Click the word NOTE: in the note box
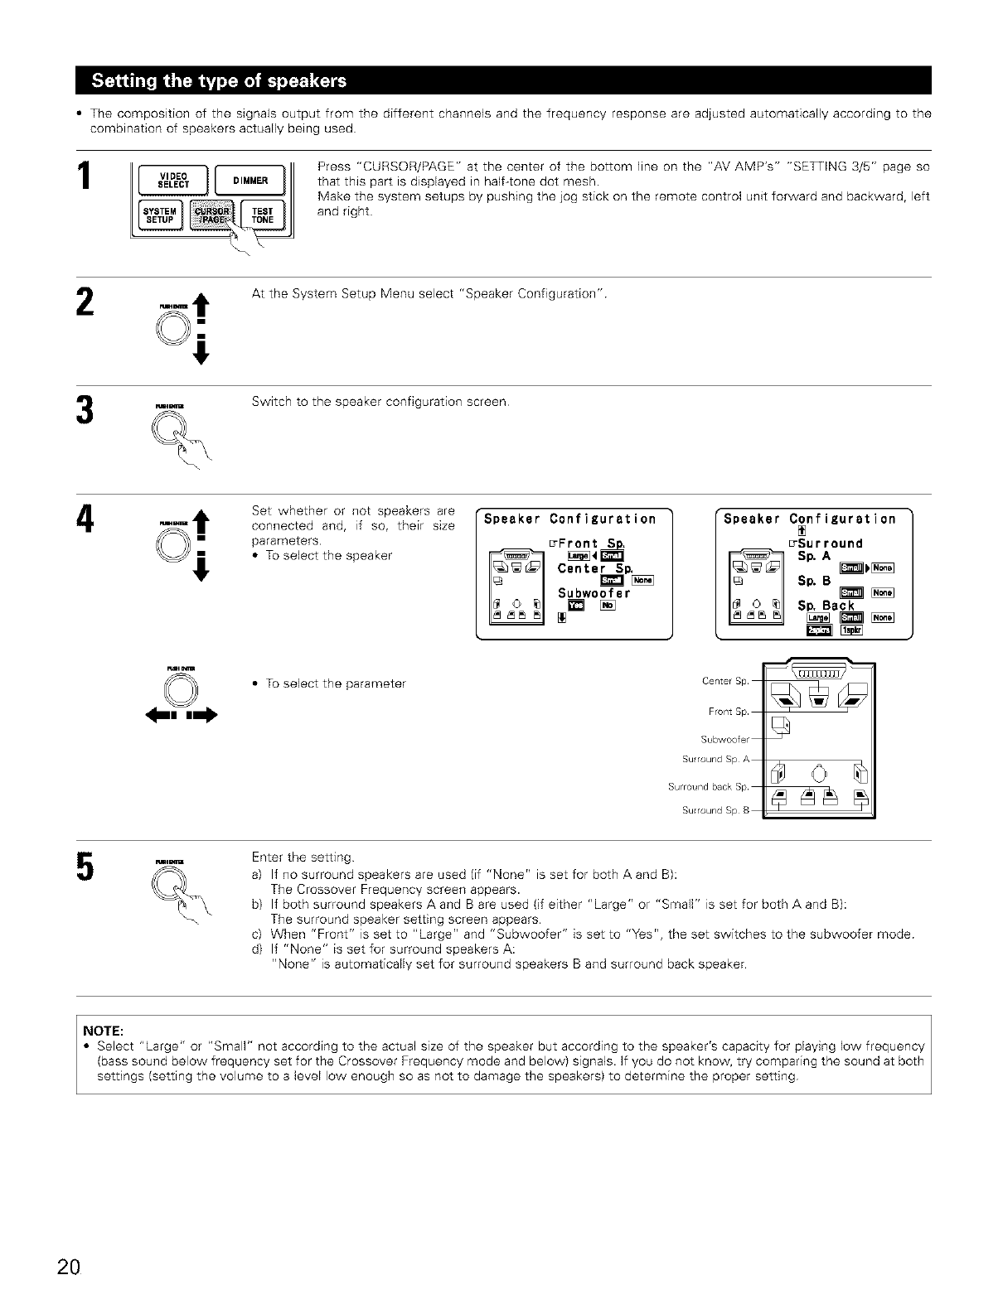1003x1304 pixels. [104, 1031]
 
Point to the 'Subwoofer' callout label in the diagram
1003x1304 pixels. [725, 739]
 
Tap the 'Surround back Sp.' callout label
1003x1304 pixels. [709, 786]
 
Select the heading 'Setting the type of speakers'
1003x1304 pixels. [219, 80]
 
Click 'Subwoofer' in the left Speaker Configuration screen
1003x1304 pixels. [594, 592]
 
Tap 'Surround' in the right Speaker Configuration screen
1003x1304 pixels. [829, 543]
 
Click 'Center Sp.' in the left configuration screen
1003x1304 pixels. [595, 568]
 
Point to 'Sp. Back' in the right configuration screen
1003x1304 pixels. [826, 606]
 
